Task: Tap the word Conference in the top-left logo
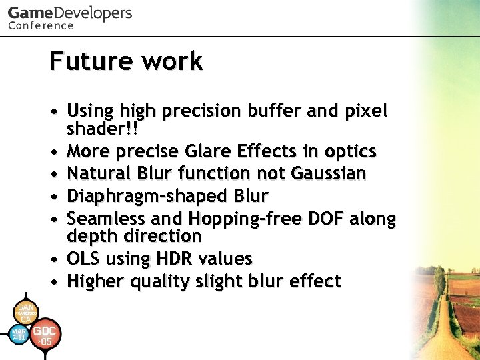pos(41,25)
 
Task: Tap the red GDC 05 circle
pos(45,335)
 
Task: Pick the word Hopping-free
pos(257,219)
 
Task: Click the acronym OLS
pos(84,259)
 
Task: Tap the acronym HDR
pos(171,259)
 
